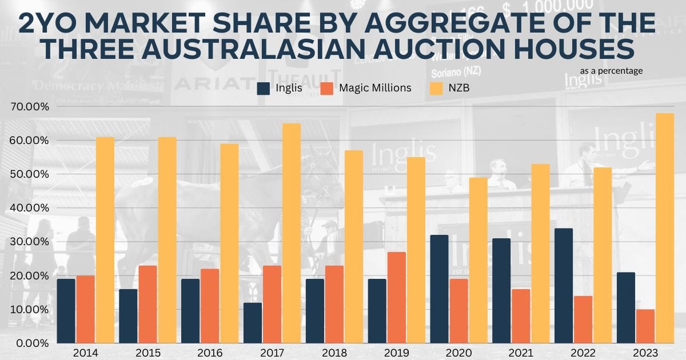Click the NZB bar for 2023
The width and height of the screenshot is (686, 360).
click(x=665, y=229)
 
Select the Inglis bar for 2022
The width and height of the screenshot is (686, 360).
click(x=564, y=286)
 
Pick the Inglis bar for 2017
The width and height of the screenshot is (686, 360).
click(x=252, y=323)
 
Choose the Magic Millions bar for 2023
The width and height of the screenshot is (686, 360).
click(x=645, y=326)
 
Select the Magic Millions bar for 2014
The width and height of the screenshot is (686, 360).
click(x=85, y=309)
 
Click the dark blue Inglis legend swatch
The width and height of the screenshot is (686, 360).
click(x=264, y=89)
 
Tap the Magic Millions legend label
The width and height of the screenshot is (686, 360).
click(x=375, y=89)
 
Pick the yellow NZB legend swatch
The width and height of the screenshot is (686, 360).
click(x=436, y=89)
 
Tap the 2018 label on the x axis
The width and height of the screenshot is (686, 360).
click(x=333, y=353)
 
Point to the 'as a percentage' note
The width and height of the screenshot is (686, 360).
click(x=611, y=71)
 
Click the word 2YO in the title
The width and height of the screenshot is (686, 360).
click(x=49, y=23)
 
